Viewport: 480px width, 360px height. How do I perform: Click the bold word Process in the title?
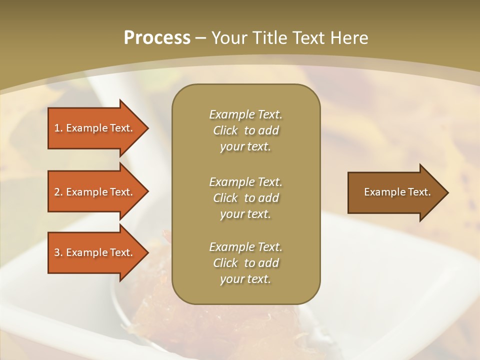pos(157,38)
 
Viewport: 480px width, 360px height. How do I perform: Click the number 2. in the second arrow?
pos(58,192)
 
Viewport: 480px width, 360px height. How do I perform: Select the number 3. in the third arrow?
pos(58,252)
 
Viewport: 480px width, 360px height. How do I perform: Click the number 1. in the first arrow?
pos(58,128)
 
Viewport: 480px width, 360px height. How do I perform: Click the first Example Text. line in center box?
pos(245,114)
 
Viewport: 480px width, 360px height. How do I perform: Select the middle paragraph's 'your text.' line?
pos(245,214)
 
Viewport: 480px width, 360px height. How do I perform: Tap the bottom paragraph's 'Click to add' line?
pos(245,263)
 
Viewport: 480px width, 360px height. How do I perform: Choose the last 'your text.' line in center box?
pos(245,279)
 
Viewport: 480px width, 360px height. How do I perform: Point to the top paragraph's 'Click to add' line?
pos(245,130)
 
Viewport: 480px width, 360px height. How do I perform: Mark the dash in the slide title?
pos(201,38)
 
